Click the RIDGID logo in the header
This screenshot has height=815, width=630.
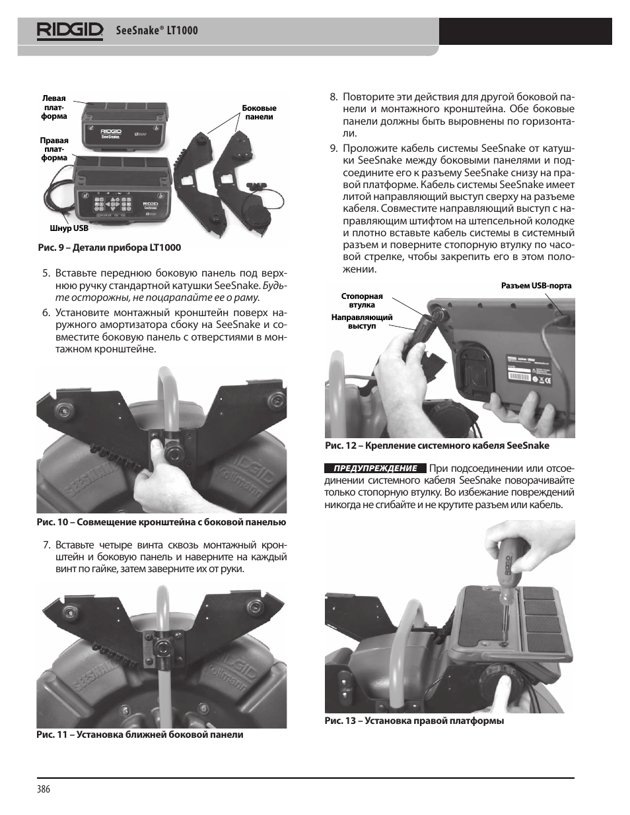(x=70, y=30)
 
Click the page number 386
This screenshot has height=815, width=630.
(x=44, y=789)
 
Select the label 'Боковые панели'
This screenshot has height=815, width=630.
(x=259, y=112)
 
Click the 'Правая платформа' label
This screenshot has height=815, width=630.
(x=53, y=149)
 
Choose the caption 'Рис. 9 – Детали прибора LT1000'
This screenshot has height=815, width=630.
(x=108, y=247)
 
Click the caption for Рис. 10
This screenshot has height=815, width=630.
(x=161, y=522)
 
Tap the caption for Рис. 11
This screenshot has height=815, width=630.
(x=139, y=734)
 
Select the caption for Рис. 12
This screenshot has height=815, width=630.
(x=437, y=445)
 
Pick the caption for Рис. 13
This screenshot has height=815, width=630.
(x=414, y=721)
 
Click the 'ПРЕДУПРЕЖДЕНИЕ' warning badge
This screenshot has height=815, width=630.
(x=376, y=468)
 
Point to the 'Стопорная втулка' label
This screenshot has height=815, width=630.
(x=362, y=301)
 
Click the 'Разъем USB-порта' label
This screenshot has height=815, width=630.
(x=536, y=286)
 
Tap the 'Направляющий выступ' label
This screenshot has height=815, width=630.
(x=361, y=322)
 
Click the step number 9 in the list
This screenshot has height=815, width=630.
(x=333, y=148)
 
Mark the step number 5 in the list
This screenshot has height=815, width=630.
(x=46, y=273)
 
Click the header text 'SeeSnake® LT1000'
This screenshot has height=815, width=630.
(x=157, y=30)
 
